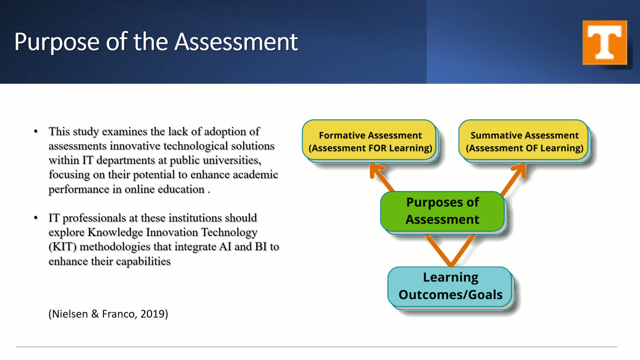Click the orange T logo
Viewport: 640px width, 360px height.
(x=604, y=43)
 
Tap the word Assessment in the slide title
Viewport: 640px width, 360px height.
(x=236, y=42)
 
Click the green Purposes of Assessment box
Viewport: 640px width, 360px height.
(x=442, y=211)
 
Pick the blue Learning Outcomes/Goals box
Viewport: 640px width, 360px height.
(x=450, y=286)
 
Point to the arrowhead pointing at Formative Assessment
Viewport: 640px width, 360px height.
(x=375, y=170)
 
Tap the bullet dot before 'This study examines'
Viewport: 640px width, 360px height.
(x=36, y=131)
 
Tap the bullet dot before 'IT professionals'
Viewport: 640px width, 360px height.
(x=36, y=218)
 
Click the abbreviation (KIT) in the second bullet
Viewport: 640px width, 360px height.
(x=62, y=247)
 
